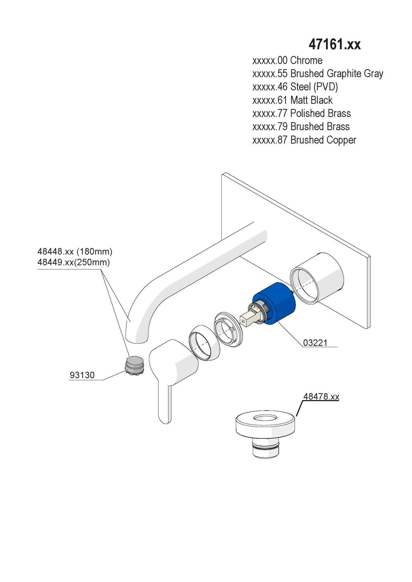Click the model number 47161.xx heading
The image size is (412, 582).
pos(334,45)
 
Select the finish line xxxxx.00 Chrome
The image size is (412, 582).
pos(287,61)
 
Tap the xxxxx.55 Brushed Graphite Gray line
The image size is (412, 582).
pos(318,74)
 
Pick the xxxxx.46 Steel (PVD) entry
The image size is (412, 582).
pos(295,87)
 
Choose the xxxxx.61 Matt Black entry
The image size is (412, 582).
pos(292,100)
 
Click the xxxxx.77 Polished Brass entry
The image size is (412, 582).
pos(301,114)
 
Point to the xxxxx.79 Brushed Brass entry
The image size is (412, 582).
pos(301,127)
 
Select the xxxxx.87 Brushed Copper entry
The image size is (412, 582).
pos(304,140)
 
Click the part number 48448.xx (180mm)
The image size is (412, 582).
pos(75,251)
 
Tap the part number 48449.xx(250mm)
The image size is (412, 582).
pos(74,262)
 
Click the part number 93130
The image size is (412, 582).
pos(82,375)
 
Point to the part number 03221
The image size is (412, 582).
pos(315,343)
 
